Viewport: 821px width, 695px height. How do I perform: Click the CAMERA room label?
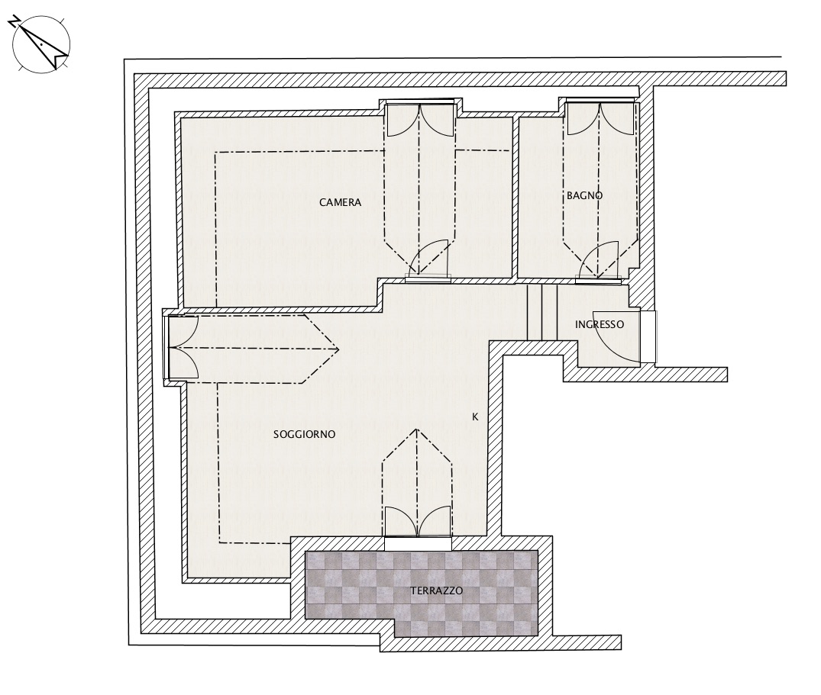[x=341, y=202]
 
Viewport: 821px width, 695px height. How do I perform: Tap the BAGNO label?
[x=584, y=195]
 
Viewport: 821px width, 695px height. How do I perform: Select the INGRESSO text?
[x=600, y=325]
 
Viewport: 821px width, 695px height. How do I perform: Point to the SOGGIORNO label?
[x=304, y=435]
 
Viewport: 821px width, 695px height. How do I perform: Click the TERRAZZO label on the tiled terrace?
[x=436, y=591]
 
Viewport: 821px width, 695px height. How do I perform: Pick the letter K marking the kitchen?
[x=476, y=417]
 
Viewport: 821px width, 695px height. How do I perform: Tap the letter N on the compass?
[x=15, y=21]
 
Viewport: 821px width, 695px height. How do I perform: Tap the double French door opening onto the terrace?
[x=417, y=522]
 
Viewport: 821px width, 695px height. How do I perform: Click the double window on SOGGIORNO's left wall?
[x=181, y=347]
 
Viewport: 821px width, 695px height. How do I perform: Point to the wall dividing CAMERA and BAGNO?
[x=515, y=197]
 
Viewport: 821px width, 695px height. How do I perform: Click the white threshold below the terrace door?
[x=418, y=544]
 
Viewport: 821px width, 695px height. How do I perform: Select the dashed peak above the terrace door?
[x=417, y=430]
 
